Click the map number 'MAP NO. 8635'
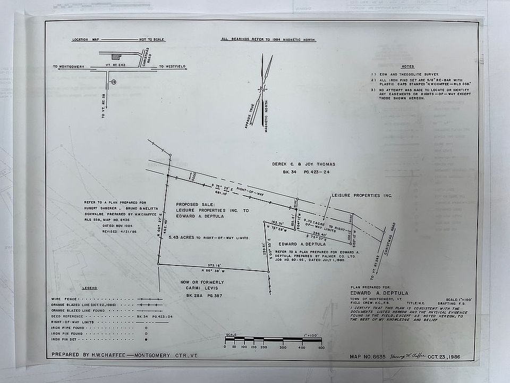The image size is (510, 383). tap(368, 356)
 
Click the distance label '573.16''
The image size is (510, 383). tap(214, 264)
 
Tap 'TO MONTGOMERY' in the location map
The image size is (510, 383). tap(68, 67)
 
